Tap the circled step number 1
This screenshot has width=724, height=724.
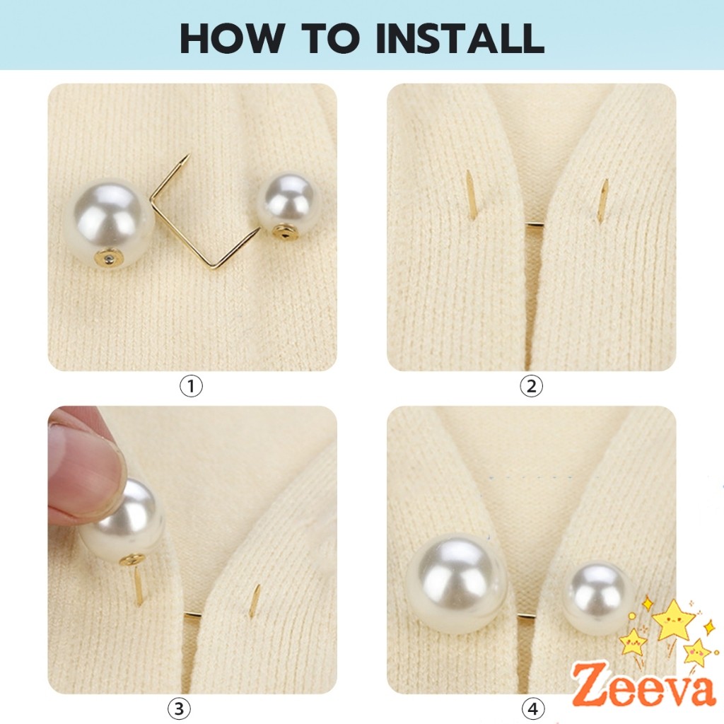[x=192, y=386]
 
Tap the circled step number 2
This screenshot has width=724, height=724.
[x=531, y=386]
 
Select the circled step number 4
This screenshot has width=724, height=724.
[x=531, y=708]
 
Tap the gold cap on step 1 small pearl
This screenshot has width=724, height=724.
[x=286, y=230]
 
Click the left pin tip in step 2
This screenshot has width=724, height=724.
[x=469, y=194]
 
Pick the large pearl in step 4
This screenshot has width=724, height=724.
[x=456, y=583]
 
